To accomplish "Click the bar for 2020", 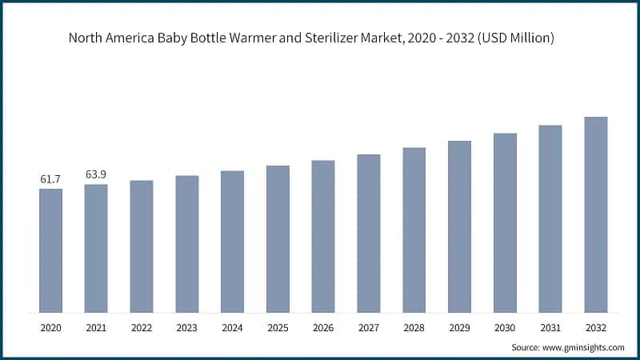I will [50, 250].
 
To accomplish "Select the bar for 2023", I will [186, 244].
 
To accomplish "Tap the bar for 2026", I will [323, 236].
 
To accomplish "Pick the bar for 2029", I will [459, 226].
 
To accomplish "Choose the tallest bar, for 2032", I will [596, 214].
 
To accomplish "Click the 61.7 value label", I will [50, 180].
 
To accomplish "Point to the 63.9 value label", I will [96, 175].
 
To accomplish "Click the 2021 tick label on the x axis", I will [96, 328].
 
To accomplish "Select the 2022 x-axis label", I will [142, 328].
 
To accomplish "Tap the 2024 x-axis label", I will [232, 328].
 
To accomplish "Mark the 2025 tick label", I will [278, 328].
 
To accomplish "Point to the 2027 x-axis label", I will [369, 328].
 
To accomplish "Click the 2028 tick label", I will [414, 328].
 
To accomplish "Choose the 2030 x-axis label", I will [505, 328].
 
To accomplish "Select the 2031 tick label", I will [550, 328].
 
